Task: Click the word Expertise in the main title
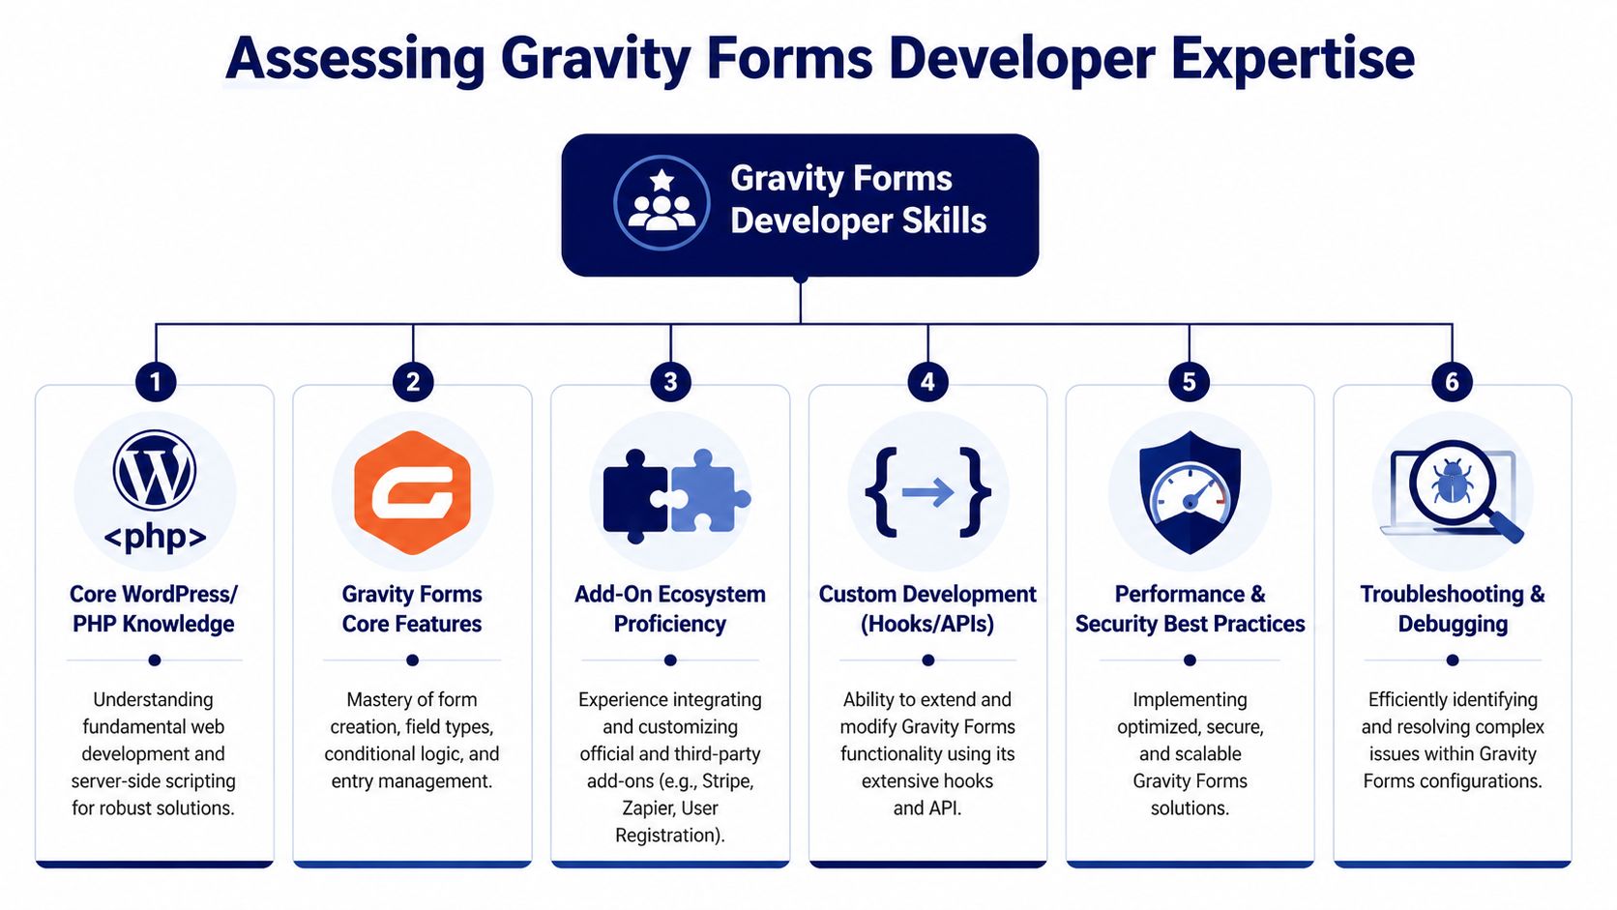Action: tap(1292, 58)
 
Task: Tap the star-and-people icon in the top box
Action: tap(661, 203)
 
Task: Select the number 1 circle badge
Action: tap(156, 382)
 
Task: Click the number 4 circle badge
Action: tap(927, 382)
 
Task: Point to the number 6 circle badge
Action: tap(1452, 382)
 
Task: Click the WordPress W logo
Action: tap(155, 471)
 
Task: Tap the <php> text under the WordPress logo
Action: tap(155, 536)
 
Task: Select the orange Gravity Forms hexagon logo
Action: tap(413, 493)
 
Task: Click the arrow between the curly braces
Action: tap(927, 493)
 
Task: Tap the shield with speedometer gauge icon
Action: tap(1190, 493)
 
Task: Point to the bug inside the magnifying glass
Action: tap(1452, 481)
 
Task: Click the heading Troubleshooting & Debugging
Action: tap(1452, 608)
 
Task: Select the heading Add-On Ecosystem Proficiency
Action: tap(670, 608)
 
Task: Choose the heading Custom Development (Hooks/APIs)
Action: tap(927, 608)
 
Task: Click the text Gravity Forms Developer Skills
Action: tap(858, 199)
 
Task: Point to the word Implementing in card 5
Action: tap(1190, 699)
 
